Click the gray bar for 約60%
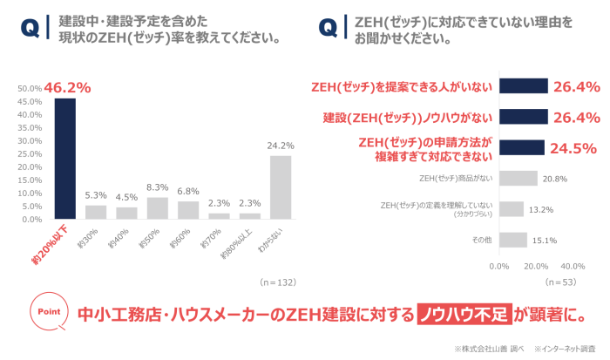(188, 210)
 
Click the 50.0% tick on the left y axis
(30, 88)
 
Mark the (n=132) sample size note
(278, 282)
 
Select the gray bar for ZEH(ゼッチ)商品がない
(518, 179)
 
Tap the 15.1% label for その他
(545, 241)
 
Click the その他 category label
(481, 240)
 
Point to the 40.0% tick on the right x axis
(573, 266)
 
